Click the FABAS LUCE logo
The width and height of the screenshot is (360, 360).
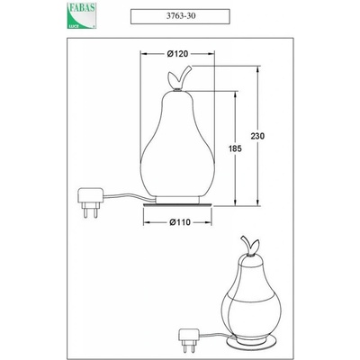81,15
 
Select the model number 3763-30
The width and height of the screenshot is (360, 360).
181,16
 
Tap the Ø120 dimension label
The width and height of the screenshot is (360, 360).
177,54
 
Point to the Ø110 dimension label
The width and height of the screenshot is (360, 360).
180,222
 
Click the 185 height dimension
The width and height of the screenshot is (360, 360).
235,148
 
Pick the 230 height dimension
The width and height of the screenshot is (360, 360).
257,136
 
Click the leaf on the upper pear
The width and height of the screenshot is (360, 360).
173,79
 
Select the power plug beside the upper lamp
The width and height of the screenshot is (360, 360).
91,202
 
